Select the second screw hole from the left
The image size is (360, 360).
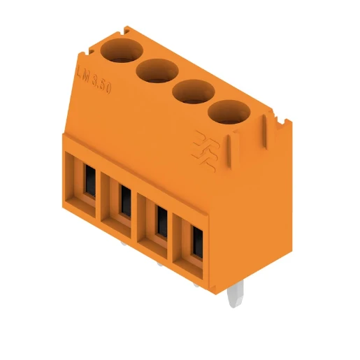[154, 70]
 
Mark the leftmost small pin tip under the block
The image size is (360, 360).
[124, 245]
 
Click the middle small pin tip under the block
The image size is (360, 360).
[161, 265]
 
